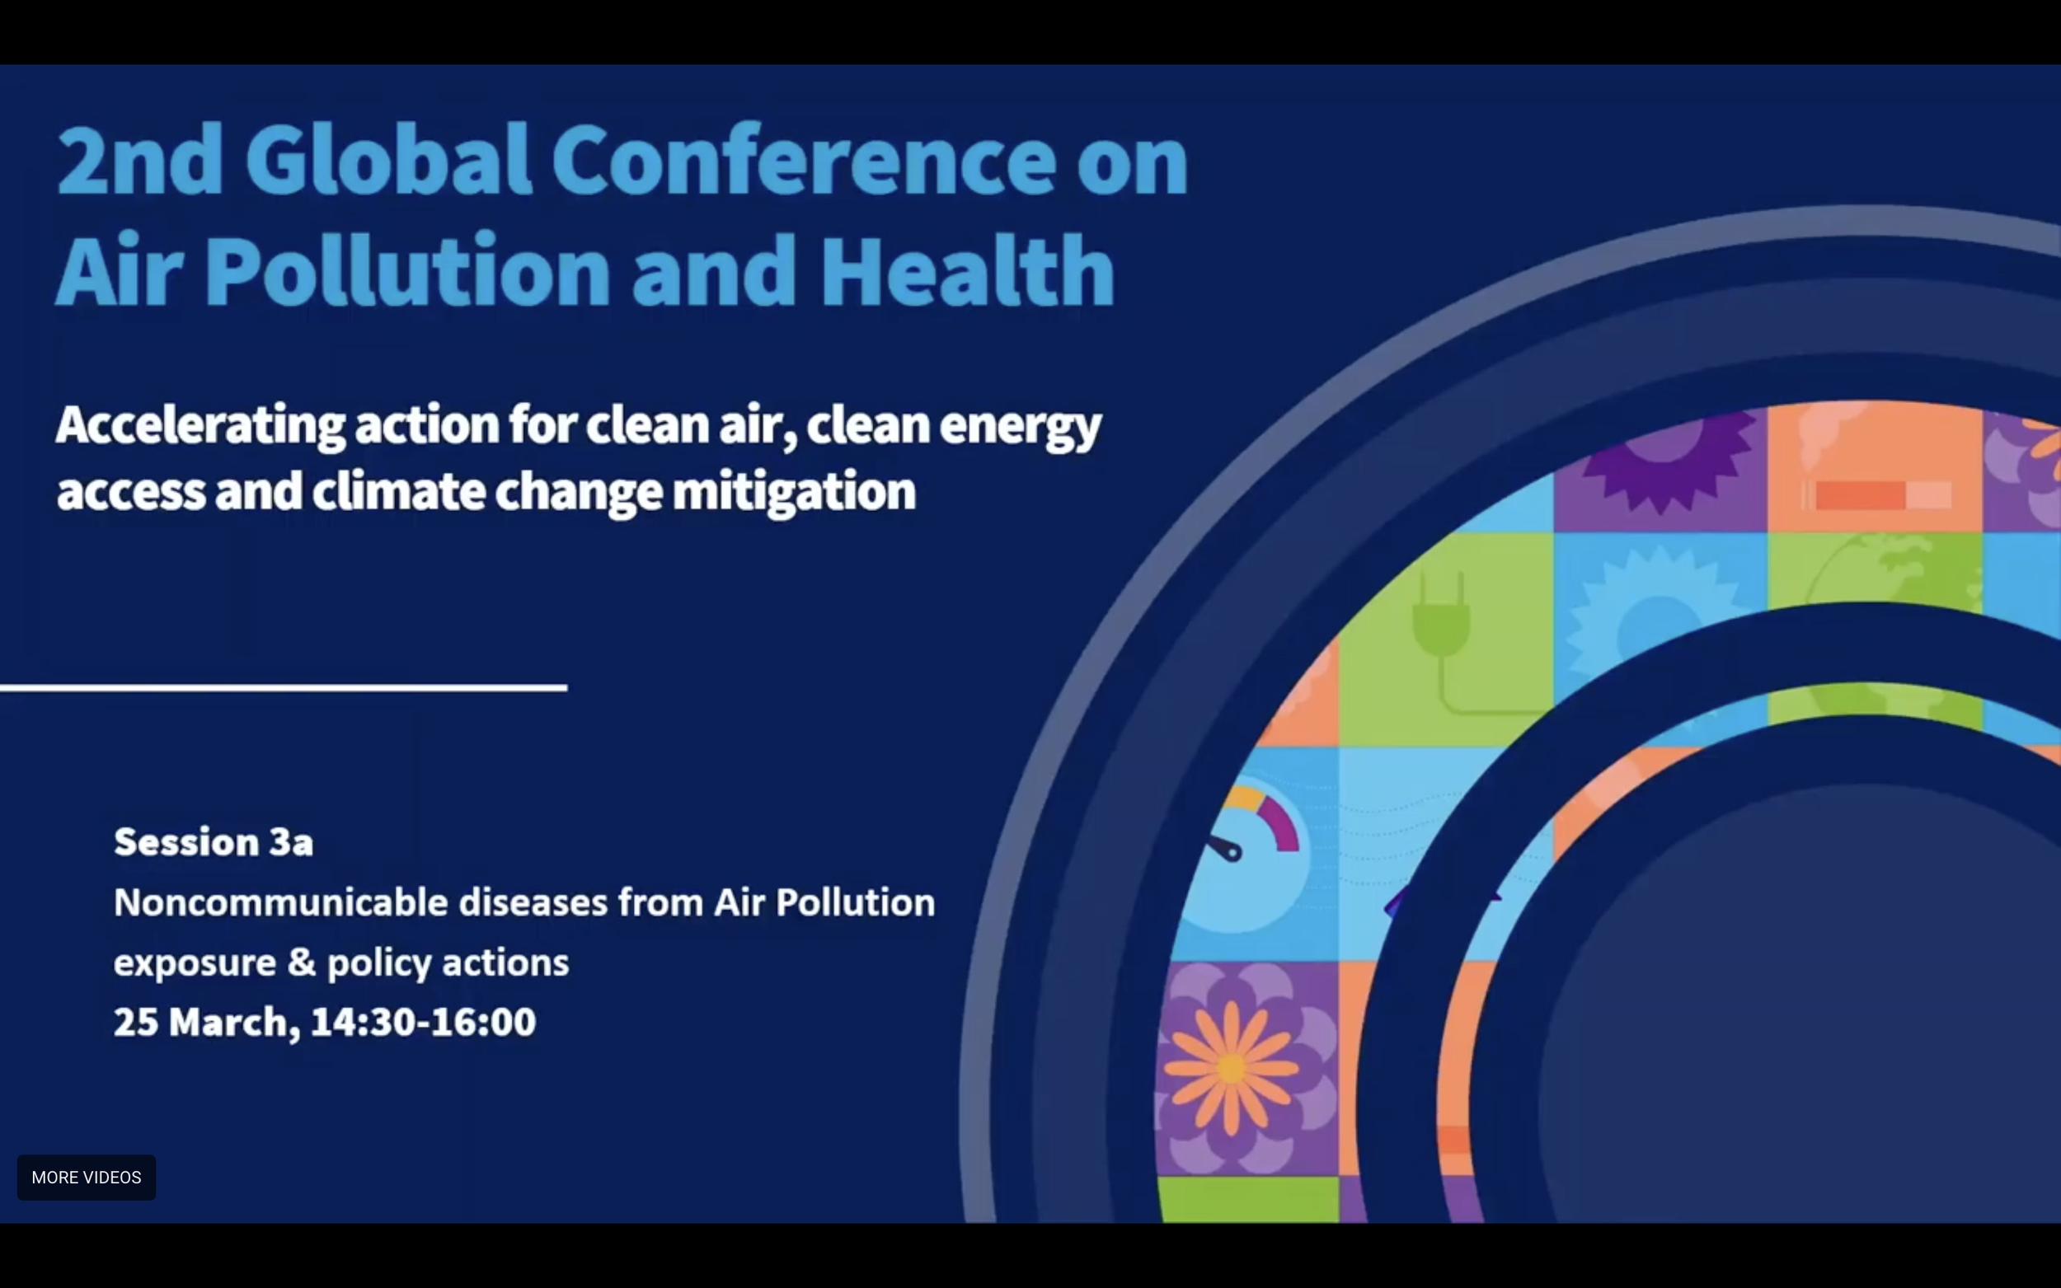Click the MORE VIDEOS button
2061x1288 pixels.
coord(86,1178)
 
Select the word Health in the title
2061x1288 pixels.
coord(967,271)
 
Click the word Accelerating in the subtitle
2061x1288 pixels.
coord(200,424)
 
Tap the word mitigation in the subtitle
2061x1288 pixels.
coord(793,492)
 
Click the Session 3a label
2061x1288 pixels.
coord(213,841)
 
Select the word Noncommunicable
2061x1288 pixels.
coord(280,902)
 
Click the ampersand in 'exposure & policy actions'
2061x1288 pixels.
coord(302,962)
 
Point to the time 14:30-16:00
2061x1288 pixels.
coord(423,1021)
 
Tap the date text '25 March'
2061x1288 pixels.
coord(204,1021)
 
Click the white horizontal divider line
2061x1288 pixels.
coord(283,686)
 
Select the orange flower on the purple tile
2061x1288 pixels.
coord(1230,1066)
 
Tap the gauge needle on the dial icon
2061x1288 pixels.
coord(1226,849)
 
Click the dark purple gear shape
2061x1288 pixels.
coord(1661,464)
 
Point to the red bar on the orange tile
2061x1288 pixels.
coord(1860,495)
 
